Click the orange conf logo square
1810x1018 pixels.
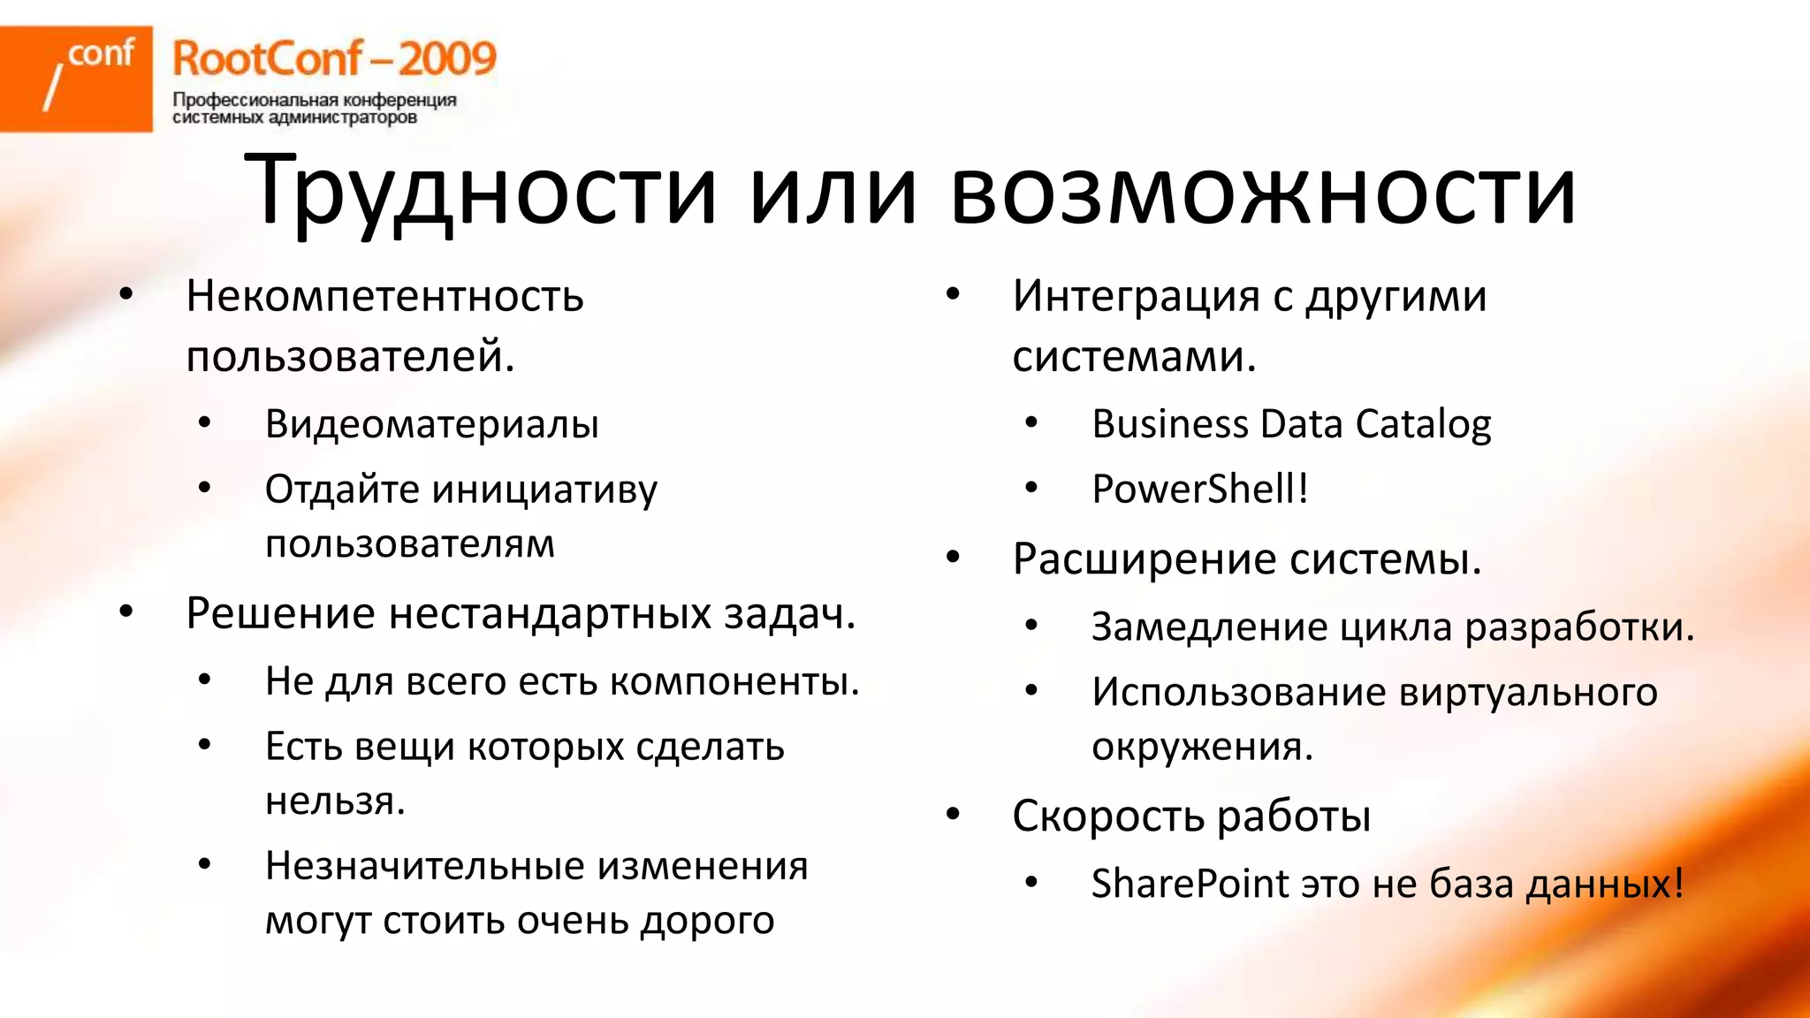pos(76,79)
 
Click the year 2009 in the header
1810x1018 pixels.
pos(446,59)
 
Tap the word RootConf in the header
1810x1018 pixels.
pos(267,59)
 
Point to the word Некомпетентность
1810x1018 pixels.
pos(384,296)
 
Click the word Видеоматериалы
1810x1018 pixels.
pos(431,424)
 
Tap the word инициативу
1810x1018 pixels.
pos(545,490)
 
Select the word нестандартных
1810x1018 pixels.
pos(550,613)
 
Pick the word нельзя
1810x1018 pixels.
pos(334,801)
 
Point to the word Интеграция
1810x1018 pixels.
pos(1135,296)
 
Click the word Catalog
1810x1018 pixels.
pos(1423,424)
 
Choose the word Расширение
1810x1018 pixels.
pos(1144,559)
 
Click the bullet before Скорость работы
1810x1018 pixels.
pos(953,815)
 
